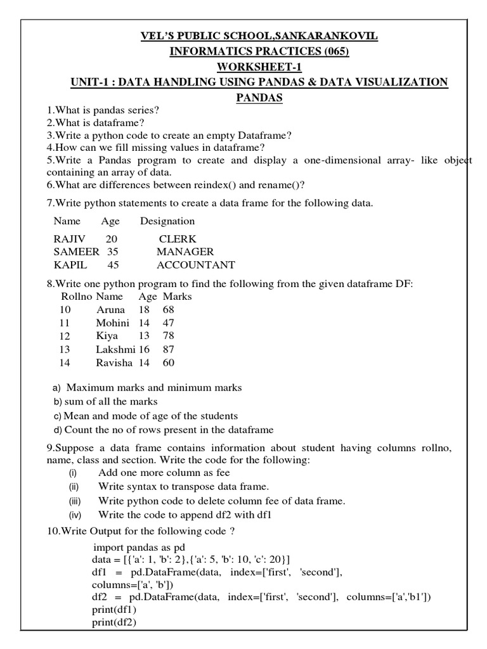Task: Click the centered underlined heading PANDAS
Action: tap(259, 98)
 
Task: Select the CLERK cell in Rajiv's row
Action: tap(178, 239)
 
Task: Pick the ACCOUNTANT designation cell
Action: tap(196, 265)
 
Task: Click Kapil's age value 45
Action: tap(113, 265)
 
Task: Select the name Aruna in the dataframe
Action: tap(111, 310)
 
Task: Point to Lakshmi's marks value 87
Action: tap(168, 349)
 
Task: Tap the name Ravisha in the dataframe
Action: tap(114, 363)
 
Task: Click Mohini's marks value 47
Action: tap(168, 323)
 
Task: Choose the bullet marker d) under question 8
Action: tap(58, 430)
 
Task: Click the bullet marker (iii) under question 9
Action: tap(75, 501)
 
